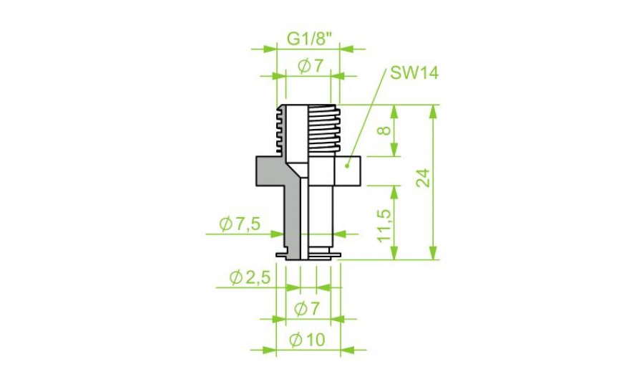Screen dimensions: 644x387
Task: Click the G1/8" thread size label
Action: (x=309, y=39)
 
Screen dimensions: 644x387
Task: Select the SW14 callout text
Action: (x=414, y=73)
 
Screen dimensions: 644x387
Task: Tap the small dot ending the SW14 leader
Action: (x=347, y=166)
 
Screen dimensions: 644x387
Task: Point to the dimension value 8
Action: (x=385, y=130)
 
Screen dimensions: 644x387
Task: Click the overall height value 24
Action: (x=423, y=177)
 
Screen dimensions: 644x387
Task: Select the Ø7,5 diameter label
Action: (x=240, y=224)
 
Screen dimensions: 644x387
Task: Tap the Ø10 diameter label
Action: (x=307, y=340)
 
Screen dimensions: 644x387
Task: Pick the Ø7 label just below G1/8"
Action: (x=311, y=66)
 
